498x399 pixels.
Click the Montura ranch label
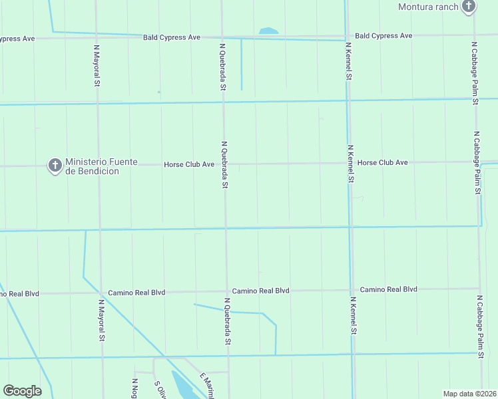point(428,7)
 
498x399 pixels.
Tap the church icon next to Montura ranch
point(469,7)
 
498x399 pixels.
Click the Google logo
point(22,391)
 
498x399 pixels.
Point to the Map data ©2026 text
point(469,394)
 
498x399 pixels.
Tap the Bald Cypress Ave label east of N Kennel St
point(383,35)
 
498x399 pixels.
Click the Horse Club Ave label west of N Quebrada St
point(189,164)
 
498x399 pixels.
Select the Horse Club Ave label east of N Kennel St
point(382,162)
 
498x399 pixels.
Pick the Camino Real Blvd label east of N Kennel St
point(388,289)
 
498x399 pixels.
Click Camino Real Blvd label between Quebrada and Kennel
point(260,291)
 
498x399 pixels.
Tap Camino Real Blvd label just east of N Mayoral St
point(137,292)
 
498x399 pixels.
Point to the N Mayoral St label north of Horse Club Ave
point(97,65)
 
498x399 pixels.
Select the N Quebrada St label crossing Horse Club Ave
point(225,164)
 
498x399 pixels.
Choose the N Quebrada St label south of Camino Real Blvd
point(227,321)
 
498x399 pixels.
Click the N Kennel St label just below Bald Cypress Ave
point(348,61)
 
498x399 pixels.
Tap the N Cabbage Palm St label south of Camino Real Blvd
point(479,327)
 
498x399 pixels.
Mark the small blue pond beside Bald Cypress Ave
point(268,31)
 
